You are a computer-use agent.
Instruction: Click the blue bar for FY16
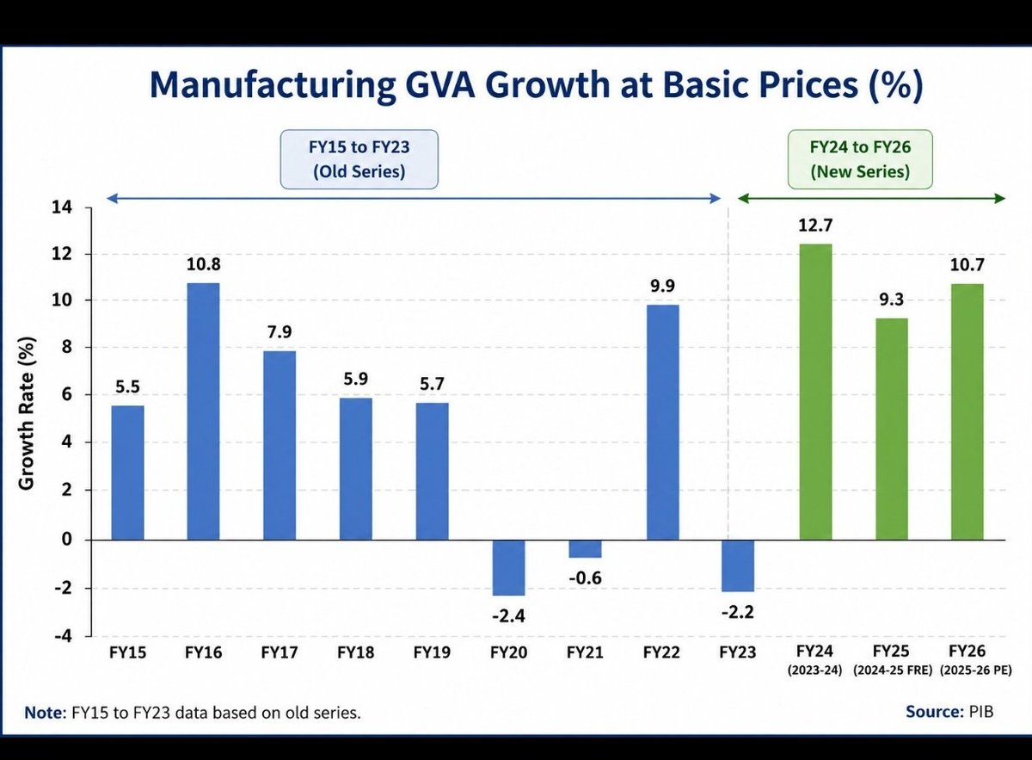pos(203,411)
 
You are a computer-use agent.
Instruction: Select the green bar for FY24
pos(815,392)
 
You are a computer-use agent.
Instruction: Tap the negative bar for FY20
pos(508,568)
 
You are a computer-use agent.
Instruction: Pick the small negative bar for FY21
pos(585,549)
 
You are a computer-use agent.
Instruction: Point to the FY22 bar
pos(662,423)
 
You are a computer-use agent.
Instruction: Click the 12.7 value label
pos(815,226)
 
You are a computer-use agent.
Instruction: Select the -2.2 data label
pos(738,613)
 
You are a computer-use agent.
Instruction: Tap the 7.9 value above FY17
pos(279,332)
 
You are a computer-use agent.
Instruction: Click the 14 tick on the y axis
pos(62,207)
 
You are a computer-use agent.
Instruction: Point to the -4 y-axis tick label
pos(64,636)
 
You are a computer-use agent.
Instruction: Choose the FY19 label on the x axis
pos(432,652)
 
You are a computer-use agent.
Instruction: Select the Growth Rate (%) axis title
pos(27,413)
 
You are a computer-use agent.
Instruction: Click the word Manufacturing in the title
pos(273,86)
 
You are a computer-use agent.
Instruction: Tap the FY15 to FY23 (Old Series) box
pos(359,159)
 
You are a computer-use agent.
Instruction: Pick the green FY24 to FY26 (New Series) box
pos(860,159)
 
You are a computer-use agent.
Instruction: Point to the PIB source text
pos(981,712)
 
